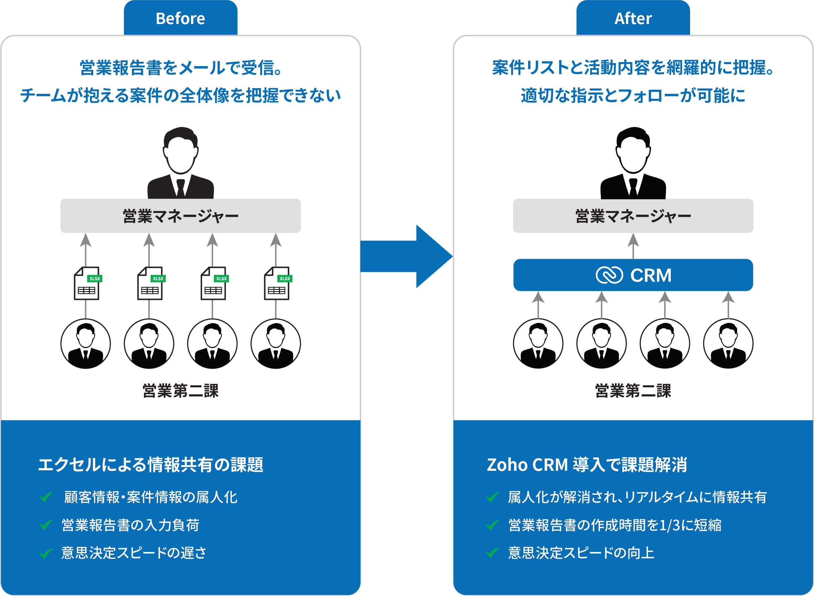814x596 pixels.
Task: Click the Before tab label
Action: pyautogui.click(x=180, y=18)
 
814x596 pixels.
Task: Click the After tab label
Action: pyautogui.click(x=633, y=18)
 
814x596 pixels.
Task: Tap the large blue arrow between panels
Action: pyautogui.click(x=408, y=256)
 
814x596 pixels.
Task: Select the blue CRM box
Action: pyautogui.click(x=633, y=275)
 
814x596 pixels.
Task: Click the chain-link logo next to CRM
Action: pyautogui.click(x=609, y=275)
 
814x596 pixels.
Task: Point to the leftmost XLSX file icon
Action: pyautogui.click(x=87, y=283)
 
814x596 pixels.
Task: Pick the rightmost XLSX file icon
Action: pyautogui.click(x=277, y=283)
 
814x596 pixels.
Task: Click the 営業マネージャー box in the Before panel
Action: pyautogui.click(x=180, y=216)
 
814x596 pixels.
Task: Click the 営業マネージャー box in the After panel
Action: pyautogui.click(x=633, y=216)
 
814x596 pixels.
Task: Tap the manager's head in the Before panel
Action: pyautogui.click(x=180, y=152)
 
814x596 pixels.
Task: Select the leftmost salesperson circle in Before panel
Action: pyautogui.click(x=86, y=344)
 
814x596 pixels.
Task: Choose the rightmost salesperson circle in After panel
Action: pyautogui.click(x=728, y=344)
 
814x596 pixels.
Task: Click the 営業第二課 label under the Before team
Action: pyautogui.click(x=180, y=391)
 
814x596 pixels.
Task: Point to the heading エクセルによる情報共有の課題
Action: pyautogui.click(x=151, y=465)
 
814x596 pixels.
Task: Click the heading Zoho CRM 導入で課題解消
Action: pyautogui.click(x=587, y=465)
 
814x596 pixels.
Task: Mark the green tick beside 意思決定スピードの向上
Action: pyautogui.click(x=492, y=553)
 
